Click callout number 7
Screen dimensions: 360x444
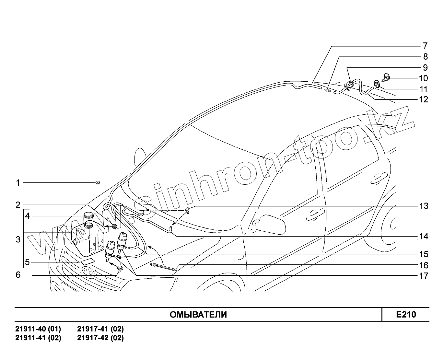coord(425,46)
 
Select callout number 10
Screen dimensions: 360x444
coord(423,78)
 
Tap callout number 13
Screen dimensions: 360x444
coord(424,206)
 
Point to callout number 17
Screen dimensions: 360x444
coord(424,276)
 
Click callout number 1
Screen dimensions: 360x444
coord(18,183)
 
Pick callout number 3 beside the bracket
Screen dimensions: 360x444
coord(18,240)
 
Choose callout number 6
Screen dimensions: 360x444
coord(18,275)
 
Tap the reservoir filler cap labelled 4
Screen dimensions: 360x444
coord(88,215)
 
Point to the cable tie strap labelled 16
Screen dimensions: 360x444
coord(163,267)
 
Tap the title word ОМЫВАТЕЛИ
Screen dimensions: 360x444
coord(198,315)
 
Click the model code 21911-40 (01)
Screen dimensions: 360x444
coord(38,329)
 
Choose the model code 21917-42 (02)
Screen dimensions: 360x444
coord(100,338)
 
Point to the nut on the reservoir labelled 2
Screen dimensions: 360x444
coord(114,226)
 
